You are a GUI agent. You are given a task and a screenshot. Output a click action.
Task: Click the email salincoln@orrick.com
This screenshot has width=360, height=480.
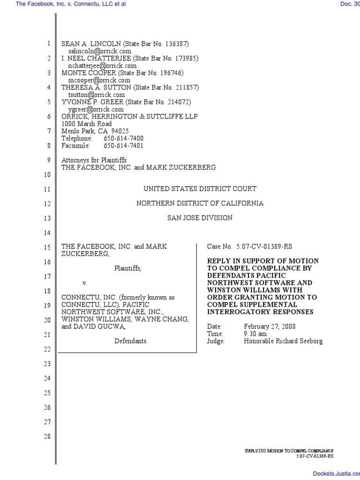(x=99, y=51)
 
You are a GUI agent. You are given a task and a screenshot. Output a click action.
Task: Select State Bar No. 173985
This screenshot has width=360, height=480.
(x=166, y=59)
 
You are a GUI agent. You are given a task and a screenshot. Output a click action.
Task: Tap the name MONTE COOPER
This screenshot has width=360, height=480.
(x=89, y=73)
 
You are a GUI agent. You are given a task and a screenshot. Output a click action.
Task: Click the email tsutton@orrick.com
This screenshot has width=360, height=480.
(x=97, y=95)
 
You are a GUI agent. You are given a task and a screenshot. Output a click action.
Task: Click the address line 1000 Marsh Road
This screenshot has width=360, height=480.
(x=87, y=124)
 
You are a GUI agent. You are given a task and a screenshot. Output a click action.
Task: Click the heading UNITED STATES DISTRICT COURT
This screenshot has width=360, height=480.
(x=200, y=189)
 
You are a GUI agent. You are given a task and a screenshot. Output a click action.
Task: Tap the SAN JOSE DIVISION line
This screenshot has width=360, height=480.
(x=200, y=218)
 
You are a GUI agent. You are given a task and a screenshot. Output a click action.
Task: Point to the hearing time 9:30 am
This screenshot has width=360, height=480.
(x=255, y=334)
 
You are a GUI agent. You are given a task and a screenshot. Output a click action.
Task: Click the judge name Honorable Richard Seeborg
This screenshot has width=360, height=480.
(x=283, y=341)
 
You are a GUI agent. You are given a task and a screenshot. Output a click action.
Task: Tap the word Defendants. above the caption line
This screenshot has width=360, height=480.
(x=131, y=341)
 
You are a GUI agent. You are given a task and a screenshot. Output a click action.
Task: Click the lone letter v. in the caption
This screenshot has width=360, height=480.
(x=85, y=283)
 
